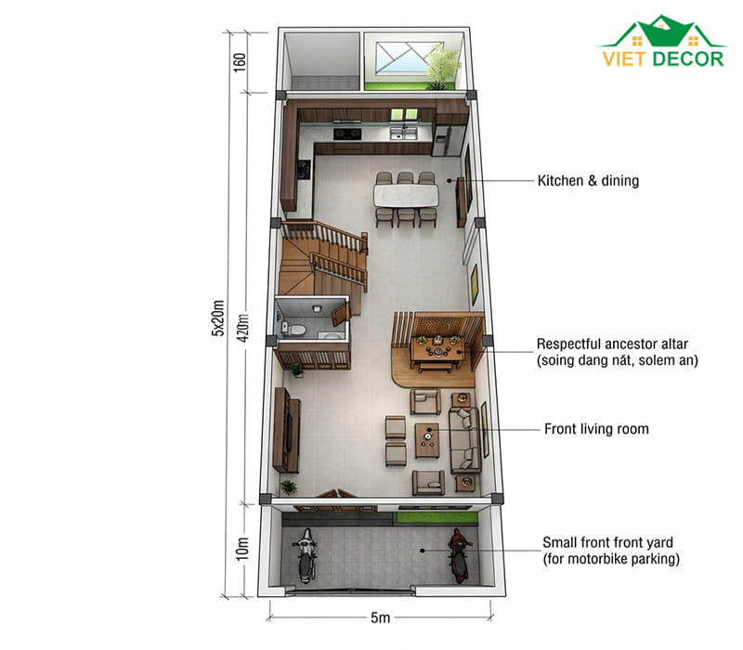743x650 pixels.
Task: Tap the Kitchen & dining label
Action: (x=588, y=180)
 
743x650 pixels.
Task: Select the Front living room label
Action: (x=596, y=429)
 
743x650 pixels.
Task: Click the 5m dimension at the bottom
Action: (x=380, y=617)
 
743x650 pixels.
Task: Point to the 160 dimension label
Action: (x=240, y=62)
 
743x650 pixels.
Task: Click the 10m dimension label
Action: (x=241, y=549)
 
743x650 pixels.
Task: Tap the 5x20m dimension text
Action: (x=217, y=318)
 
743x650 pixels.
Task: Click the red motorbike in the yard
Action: (x=458, y=555)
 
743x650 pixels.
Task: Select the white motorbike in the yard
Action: (x=306, y=555)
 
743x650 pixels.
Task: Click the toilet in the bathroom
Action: (x=293, y=329)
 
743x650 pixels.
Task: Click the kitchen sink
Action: (x=403, y=134)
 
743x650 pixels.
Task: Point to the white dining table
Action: (x=406, y=195)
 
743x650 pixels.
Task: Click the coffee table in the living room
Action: (x=427, y=440)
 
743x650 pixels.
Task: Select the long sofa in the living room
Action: (x=465, y=439)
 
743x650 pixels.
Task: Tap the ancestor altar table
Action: (x=437, y=351)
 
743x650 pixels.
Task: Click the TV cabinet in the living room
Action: (x=287, y=430)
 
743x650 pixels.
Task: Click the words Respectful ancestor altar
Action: (x=612, y=344)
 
